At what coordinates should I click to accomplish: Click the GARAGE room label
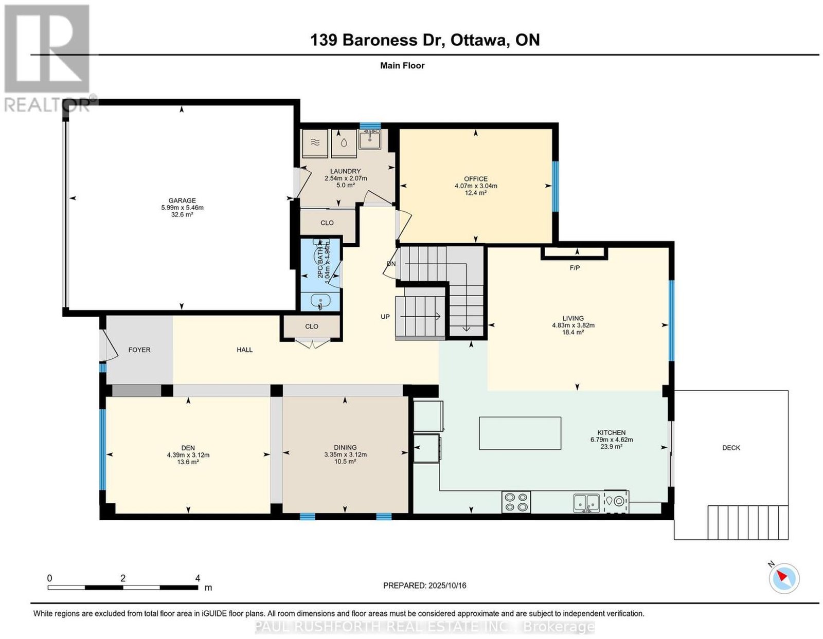pos(182,200)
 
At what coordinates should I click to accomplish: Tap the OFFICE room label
pos(476,178)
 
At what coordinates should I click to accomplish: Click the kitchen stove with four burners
pos(516,502)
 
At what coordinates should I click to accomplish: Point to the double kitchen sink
pos(586,503)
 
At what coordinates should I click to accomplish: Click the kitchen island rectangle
pos(520,433)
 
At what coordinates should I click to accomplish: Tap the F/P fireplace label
pos(575,268)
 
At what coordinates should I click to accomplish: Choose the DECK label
pos(730,448)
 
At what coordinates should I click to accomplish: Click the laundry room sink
pos(370,139)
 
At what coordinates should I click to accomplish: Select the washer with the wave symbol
pos(314,143)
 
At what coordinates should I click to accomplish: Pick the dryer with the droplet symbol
pos(344,143)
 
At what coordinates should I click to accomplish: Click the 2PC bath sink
pos(320,302)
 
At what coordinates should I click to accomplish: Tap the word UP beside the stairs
pos(385,317)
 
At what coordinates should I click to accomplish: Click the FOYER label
pos(139,350)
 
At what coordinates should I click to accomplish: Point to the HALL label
pos(245,350)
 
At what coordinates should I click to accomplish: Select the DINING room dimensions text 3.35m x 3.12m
pos(345,454)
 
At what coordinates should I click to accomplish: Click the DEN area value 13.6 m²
pos(188,462)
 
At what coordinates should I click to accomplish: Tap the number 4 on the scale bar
pos(198,578)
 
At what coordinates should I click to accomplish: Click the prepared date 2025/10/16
pos(448,585)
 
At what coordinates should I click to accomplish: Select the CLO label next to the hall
pos(312,326)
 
